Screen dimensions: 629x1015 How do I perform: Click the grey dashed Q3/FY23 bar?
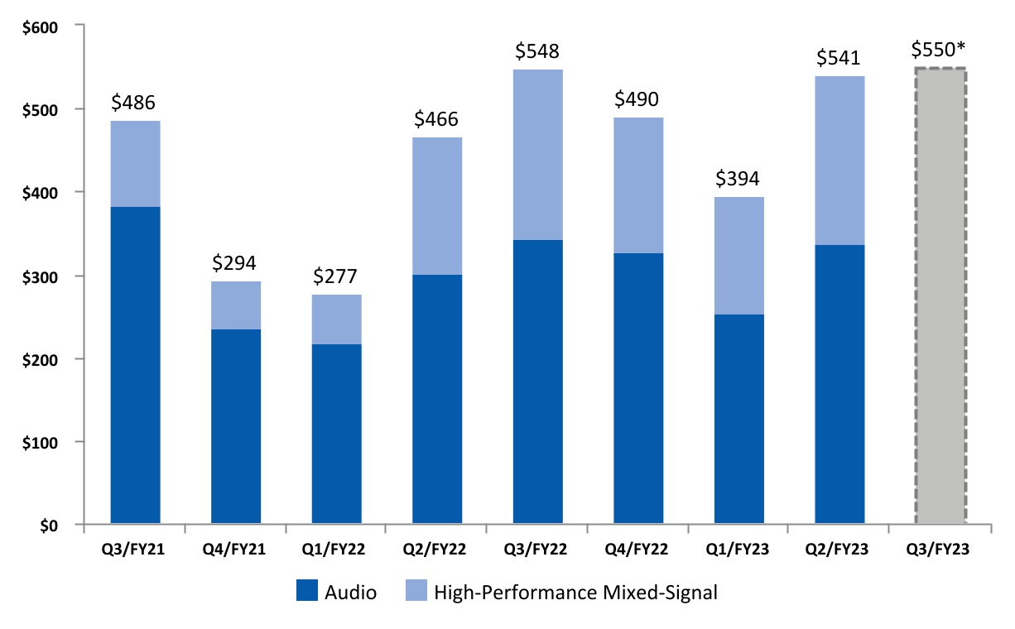coord(940,296)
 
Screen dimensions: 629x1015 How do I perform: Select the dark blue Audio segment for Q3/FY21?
coord(135,366)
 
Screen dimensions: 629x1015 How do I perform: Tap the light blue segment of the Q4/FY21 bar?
coord(236,305)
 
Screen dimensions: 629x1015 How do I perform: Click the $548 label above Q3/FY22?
coord(538,51)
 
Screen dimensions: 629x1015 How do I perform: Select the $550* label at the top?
coord(939,50)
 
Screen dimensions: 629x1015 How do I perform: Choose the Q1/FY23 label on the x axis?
coord(738,549)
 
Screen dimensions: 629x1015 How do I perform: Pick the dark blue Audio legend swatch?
coord(306,592)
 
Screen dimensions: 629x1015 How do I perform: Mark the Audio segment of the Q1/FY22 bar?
coord(336,435)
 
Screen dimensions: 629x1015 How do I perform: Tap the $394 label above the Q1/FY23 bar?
coord(738,179)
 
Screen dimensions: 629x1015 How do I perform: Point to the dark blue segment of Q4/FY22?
coord(638,389)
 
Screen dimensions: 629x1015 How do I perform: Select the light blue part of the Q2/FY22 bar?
coord(437,206)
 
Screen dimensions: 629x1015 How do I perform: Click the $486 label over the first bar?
coord(135,103)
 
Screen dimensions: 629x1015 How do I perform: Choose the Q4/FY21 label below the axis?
coord(236,549)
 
